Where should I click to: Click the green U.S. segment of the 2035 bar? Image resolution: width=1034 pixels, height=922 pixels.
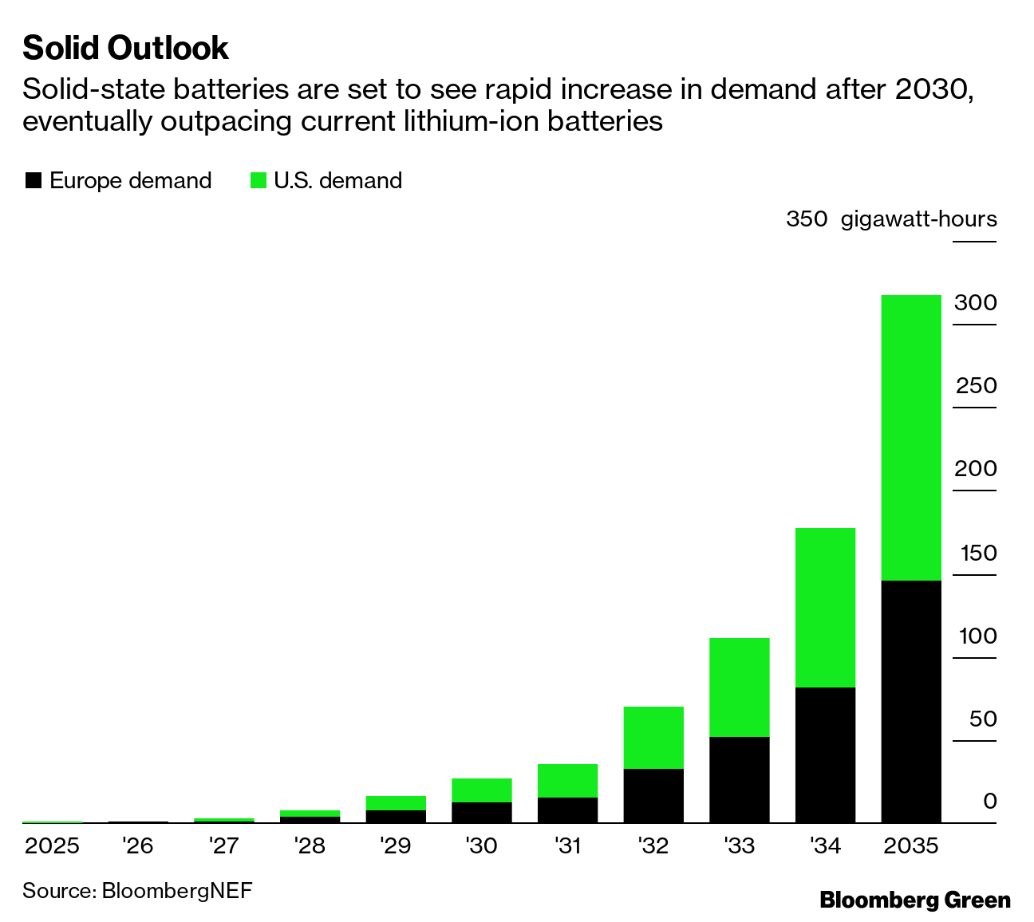click(911, 437)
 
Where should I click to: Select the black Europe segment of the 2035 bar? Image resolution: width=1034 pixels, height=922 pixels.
click(911, 701)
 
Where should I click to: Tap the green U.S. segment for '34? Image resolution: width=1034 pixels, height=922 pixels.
click(825, 607)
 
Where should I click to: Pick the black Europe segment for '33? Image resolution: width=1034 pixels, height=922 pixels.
click(740, 779)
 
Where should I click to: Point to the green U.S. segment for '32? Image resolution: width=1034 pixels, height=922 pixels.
click(653, 737)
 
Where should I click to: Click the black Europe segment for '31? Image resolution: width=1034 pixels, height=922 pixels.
click(568, 810)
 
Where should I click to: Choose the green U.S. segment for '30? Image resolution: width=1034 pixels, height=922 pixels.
click(482, 790)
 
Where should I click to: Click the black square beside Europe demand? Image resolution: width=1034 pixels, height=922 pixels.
click(33, 181)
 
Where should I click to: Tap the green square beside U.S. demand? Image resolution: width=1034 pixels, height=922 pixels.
click(258, 181)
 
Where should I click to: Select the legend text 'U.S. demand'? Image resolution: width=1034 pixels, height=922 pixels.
click(337, 181)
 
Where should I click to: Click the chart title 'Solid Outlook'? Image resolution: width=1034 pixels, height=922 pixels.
click(125, 49)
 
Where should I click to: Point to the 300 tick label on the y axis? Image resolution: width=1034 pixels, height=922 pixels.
click(975, 303)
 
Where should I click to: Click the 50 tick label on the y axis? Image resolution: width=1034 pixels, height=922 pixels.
click(983, 719)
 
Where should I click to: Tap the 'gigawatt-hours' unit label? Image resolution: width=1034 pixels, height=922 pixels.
click(918, 219)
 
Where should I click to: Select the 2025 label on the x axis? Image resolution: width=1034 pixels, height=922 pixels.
click(52, 845)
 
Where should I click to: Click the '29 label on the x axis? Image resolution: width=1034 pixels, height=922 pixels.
click(395, 845)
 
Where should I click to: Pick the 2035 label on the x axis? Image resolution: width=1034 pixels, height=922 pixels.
click(911, 845)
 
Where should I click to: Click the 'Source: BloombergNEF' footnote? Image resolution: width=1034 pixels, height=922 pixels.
click(137, 890)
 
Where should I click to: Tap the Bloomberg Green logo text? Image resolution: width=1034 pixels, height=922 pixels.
click(915, 900)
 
